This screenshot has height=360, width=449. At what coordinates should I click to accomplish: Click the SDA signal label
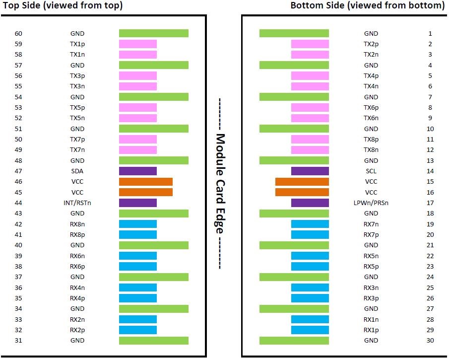click(77, 171)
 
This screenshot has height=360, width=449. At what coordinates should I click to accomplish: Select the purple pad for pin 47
click(138, 171)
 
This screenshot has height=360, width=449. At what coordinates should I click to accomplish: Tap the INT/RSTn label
click(77, 203)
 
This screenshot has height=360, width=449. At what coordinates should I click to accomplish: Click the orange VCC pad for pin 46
click(146, 182)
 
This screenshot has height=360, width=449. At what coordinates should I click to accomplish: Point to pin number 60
click(19, 34)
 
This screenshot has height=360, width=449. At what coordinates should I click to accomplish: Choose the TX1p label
click(77, 44)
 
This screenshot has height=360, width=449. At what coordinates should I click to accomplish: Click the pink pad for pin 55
click(138, 86)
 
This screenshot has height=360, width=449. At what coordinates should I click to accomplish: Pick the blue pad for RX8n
click(138, 224)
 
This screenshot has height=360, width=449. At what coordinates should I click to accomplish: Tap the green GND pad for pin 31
click(154, 341)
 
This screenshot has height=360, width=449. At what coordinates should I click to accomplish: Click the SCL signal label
click(371, 171)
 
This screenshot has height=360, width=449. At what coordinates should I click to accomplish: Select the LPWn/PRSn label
click(371, 203)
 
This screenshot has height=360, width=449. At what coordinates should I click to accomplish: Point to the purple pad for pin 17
click(310, 203)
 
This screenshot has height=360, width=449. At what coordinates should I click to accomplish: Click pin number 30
click(430, 341)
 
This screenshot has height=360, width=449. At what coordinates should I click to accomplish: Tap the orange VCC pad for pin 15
click(302, 182)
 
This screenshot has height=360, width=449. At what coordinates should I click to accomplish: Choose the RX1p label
click(371, 330)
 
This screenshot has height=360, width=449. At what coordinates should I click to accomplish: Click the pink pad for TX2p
click(310, 44)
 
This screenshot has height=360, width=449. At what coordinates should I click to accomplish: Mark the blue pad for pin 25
click(310, 288)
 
